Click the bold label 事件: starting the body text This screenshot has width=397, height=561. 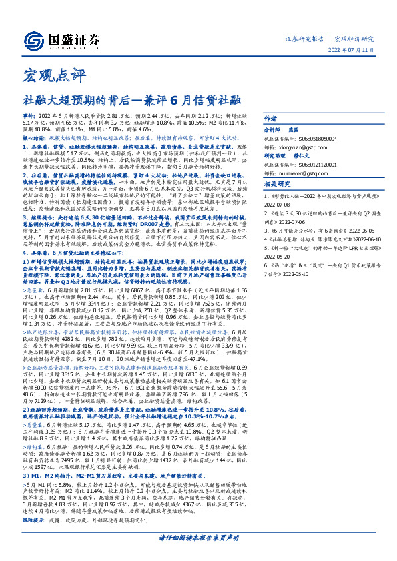tap(29, 115)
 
